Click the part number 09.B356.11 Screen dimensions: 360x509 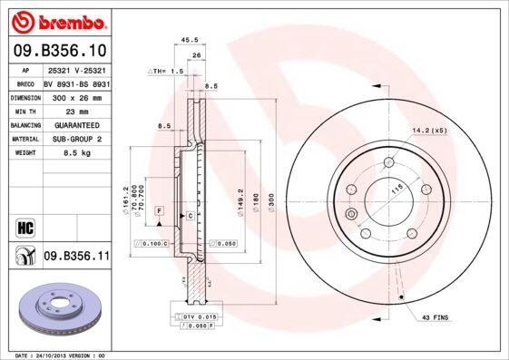coord(77,257)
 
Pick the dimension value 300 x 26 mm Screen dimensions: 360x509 coord(75,96)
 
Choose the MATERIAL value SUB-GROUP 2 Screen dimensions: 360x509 coord(75,139)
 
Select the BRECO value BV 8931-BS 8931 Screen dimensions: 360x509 coord(75,83)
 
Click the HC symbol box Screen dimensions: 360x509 coord(24,225)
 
